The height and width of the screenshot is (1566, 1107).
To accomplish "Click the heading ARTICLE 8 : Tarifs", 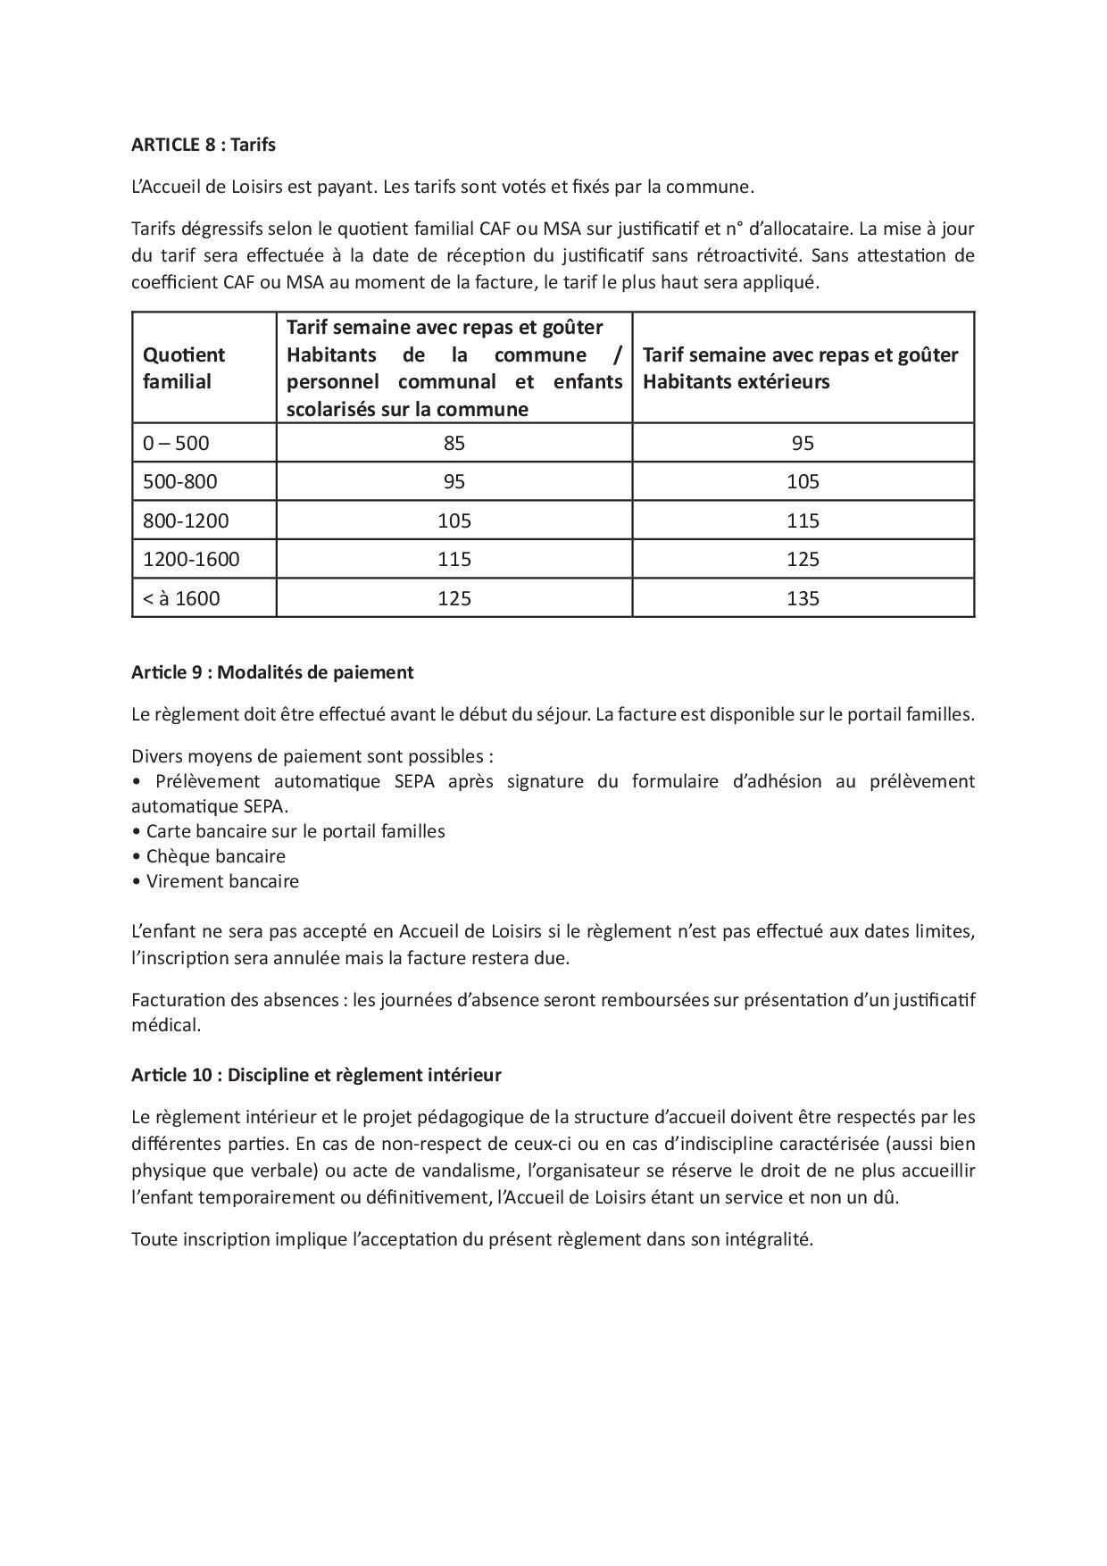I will (x=204, y=145).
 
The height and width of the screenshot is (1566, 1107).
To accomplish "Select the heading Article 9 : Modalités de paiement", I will (x=272, y=672).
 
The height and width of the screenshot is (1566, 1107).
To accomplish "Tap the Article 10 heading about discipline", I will (x=316, y=1075).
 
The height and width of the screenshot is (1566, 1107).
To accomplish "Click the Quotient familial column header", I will (x=184, y=368).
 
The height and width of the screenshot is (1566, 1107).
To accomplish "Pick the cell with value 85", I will (x=454, y=443).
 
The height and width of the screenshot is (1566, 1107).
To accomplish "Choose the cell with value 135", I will (x=803, y=598).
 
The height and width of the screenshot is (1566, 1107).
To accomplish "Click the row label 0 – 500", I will (x=176, y=443).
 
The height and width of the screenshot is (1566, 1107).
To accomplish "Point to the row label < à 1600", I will (x=181, y=598).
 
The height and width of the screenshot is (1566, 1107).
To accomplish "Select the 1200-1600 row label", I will (x=191, y=560).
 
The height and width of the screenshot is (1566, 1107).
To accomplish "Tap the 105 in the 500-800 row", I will (x=803, y=482).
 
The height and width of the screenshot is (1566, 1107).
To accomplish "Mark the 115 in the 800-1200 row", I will (x=803, y=521).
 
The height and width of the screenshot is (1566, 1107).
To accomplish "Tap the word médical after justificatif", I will (x=165, y=1025).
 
